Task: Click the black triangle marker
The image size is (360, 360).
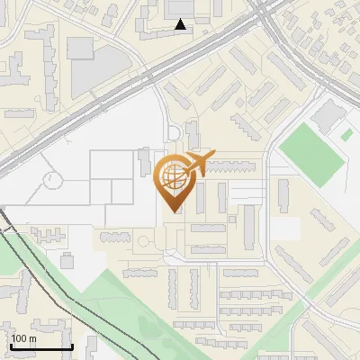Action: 181,24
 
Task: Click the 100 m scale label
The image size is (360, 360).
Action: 23,338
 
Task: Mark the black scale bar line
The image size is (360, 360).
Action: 41,346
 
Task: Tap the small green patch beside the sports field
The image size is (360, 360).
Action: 346,135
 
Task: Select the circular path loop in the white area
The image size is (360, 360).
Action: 52,179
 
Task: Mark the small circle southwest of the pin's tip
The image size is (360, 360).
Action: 142,241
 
